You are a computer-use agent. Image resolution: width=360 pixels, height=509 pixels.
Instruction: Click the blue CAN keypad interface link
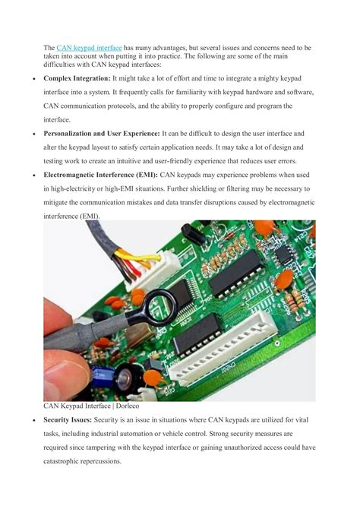[x=88, y=48]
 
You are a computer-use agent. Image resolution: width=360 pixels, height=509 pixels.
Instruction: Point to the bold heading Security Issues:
[x=72, y=420]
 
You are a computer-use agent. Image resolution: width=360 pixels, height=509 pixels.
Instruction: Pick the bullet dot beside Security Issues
[x=27, y=420]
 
